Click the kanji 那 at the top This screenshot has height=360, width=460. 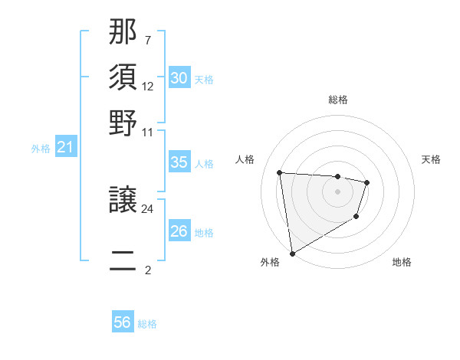[x=123, y=32]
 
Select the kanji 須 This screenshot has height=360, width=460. [x=123, y=77]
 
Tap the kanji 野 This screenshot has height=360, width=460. [x=123, y=122]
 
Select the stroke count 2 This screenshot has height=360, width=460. [x=147, y=270]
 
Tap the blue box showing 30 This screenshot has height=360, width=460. [x=179, y=78]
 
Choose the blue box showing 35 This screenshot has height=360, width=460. [x=179, y=162]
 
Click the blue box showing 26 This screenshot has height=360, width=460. [x=179, y=231]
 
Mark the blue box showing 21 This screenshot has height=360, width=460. [x=64, y=148]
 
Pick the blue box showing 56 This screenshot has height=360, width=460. [x=122, y=322]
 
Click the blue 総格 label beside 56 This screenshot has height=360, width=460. [x=147, y=324]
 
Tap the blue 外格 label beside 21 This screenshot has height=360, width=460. [x=41, y=149]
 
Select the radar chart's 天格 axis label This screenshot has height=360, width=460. [x=431, y=159]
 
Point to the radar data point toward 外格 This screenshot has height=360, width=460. [x=292, y=253]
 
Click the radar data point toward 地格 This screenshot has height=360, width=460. [x=356, y=218]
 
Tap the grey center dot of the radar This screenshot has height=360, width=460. [x=337, y=192]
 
